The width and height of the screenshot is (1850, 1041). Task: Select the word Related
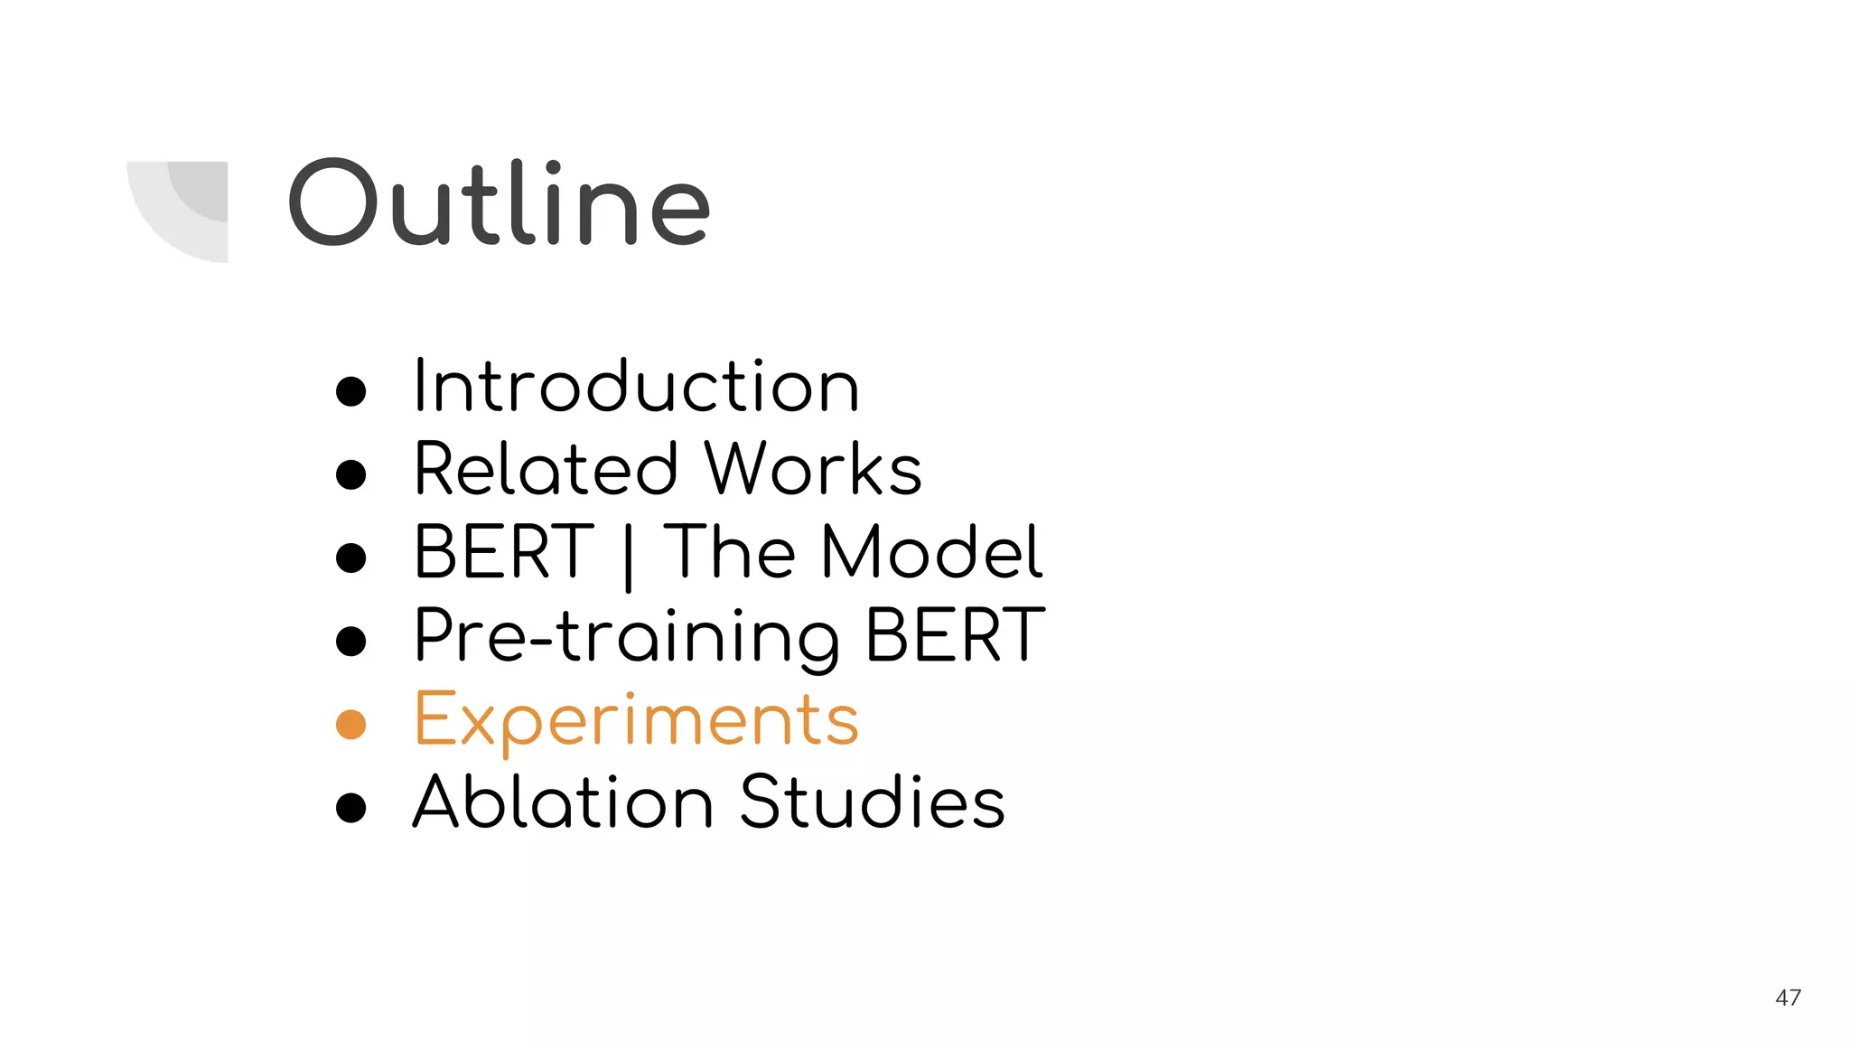tap(546, 470)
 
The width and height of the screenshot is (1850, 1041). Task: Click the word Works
tap(813, 470)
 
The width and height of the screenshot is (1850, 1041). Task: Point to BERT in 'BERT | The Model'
tap(503, 552)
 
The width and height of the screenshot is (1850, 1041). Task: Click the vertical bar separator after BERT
tap(629, 556)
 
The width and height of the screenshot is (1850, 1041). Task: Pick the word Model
tap(931, 552)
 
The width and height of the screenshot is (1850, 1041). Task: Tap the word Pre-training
tap(626, 638)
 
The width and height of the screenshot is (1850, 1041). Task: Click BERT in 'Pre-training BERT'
tap(955, 635)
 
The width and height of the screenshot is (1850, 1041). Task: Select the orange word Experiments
tap(636, 721)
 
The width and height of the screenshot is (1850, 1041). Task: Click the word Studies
tap(872, 802)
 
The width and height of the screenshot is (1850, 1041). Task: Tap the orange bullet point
tap(350, 725)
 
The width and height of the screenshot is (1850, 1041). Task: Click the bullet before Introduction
tap(350, 391)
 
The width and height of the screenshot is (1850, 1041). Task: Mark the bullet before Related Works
tap(350, 474)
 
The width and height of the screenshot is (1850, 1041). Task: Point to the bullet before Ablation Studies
tap(350, 807)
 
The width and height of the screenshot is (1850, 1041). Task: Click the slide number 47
tap(1788, 998)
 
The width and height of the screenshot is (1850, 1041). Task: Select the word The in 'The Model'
tap(729, 552)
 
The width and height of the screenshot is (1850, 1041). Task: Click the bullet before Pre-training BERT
tap(350, 641)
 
